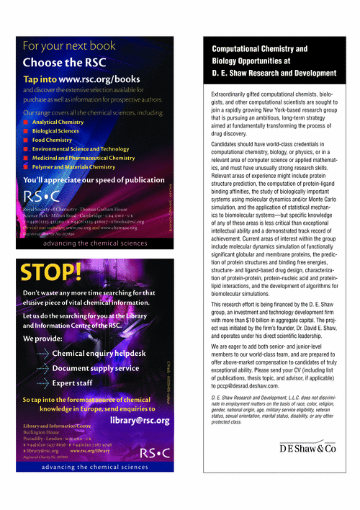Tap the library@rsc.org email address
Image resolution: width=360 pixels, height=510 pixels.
[140, 420]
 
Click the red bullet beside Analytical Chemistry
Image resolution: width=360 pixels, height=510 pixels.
[27, 122]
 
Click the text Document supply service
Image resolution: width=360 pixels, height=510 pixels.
[96, 368]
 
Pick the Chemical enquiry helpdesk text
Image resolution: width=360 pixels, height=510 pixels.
[99, 354]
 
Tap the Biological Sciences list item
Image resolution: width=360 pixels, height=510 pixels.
[55, 131]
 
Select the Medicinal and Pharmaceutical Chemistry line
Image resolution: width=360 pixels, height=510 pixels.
[83, 158]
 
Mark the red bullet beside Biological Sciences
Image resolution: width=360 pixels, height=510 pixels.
[27, 131]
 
